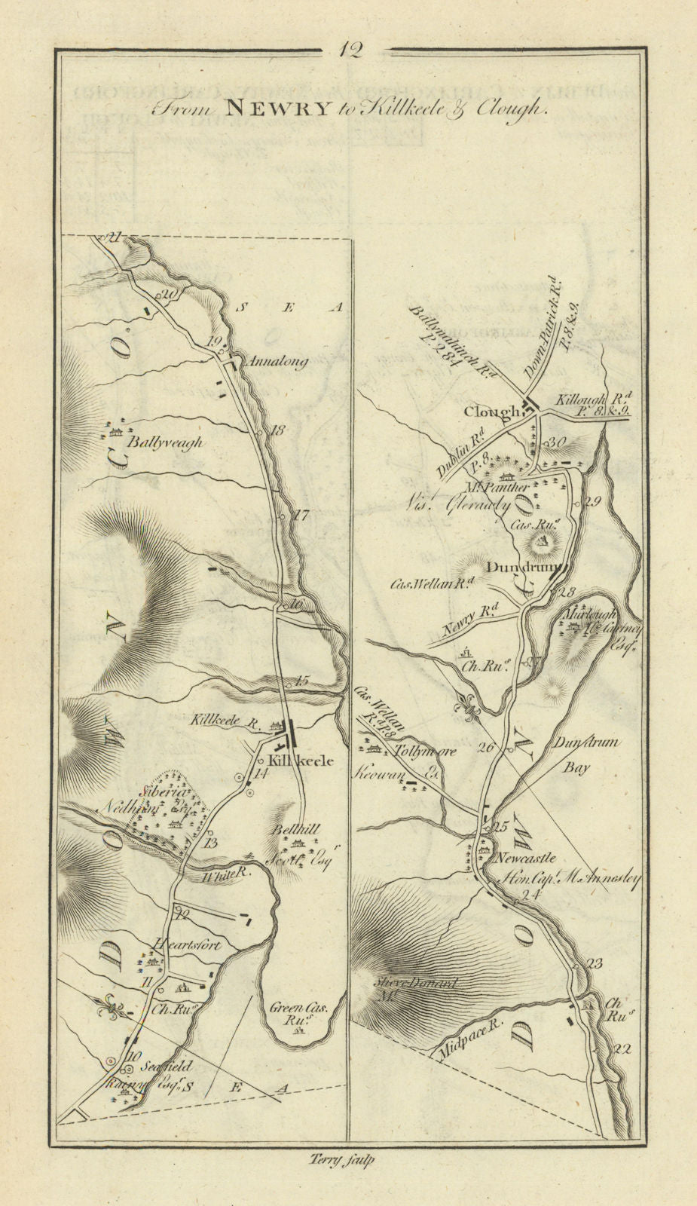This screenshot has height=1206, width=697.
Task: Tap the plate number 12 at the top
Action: click(350, 51)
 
